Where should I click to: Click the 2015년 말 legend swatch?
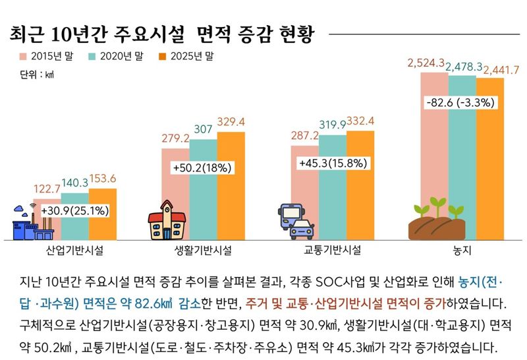point(24,57)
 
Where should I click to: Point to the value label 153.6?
point(103,179)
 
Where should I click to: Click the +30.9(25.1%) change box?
point(74,211)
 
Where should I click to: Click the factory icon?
point(30,224)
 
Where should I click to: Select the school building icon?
point(167,225)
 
